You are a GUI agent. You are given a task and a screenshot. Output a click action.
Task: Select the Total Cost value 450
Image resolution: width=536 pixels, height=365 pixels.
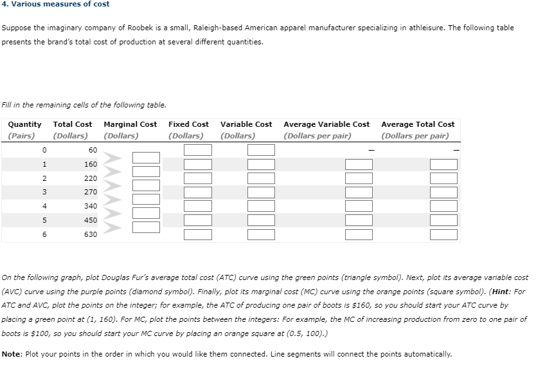tap(91, 220)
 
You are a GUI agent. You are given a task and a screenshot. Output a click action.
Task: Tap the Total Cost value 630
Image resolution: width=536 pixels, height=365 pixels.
tap(91, 234)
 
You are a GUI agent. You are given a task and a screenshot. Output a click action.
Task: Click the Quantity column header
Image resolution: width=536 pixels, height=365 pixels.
tap(25, 124)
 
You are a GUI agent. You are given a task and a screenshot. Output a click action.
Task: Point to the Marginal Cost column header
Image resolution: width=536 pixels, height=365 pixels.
tap(130, 124)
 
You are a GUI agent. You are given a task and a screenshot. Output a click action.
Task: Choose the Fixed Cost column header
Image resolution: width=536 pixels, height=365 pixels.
tap(188, 124)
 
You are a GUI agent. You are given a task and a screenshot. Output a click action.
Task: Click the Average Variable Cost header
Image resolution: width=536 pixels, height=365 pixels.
tap(326, 124)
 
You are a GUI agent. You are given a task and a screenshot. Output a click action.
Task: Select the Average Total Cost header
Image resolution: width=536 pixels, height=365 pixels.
tap(418, 124)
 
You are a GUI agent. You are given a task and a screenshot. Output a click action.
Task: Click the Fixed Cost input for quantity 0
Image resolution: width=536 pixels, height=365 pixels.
tap(198, 150)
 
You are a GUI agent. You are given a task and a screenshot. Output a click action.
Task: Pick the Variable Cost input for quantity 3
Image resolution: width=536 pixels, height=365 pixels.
tap(260, 192)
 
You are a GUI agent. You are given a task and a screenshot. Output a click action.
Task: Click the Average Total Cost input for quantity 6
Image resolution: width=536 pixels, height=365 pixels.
tap(443, 234)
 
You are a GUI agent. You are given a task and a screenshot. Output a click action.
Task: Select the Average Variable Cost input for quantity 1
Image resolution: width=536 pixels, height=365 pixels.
tap(359, 164)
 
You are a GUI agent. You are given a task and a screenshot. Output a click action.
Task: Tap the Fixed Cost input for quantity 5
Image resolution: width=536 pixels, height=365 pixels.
tap(198, 220)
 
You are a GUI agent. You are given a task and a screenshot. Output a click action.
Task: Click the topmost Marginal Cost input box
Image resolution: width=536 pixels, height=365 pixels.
tap(146, 157)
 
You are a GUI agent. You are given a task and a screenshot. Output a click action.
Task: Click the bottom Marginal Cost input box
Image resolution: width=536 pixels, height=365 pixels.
tap(146, 227)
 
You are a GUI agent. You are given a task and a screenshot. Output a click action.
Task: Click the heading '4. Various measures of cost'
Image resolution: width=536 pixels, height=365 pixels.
tap(55, 4)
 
